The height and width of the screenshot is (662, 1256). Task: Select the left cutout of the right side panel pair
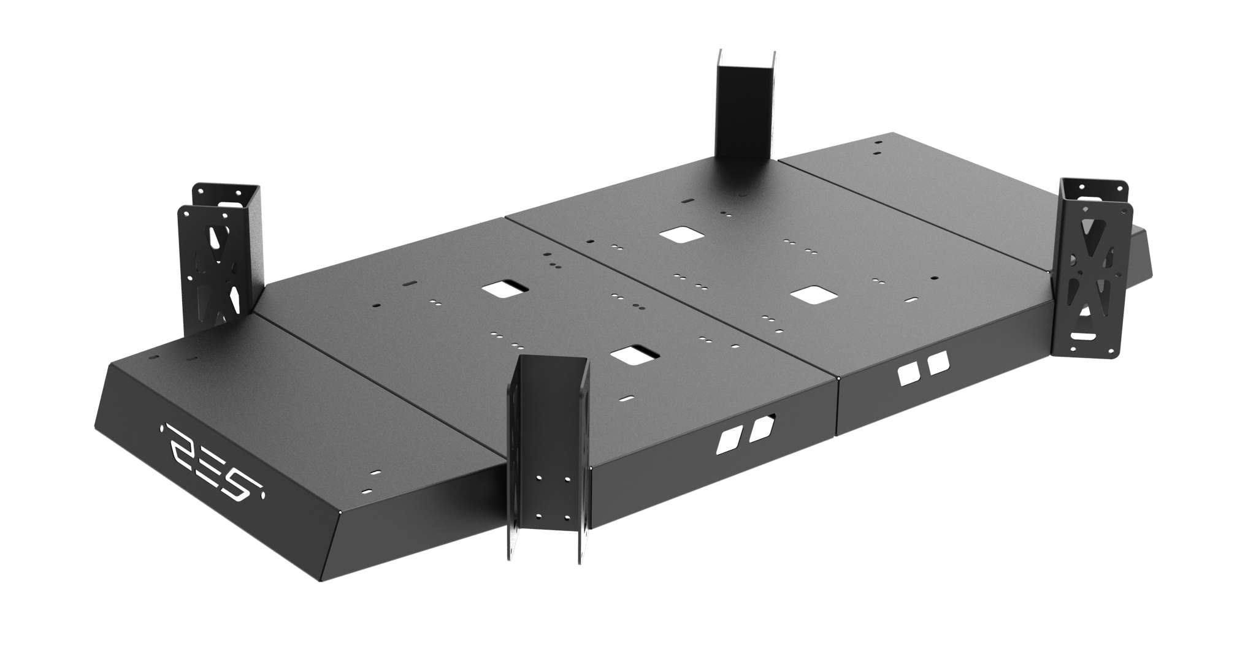click(905, 375)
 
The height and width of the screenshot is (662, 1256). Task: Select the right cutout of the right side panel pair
click(938, 365)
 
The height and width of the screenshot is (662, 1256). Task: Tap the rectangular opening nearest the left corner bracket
click(506, 288)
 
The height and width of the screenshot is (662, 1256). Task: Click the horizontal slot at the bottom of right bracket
click(1084, 336)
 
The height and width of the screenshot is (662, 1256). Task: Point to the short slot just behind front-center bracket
click(627, 397)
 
